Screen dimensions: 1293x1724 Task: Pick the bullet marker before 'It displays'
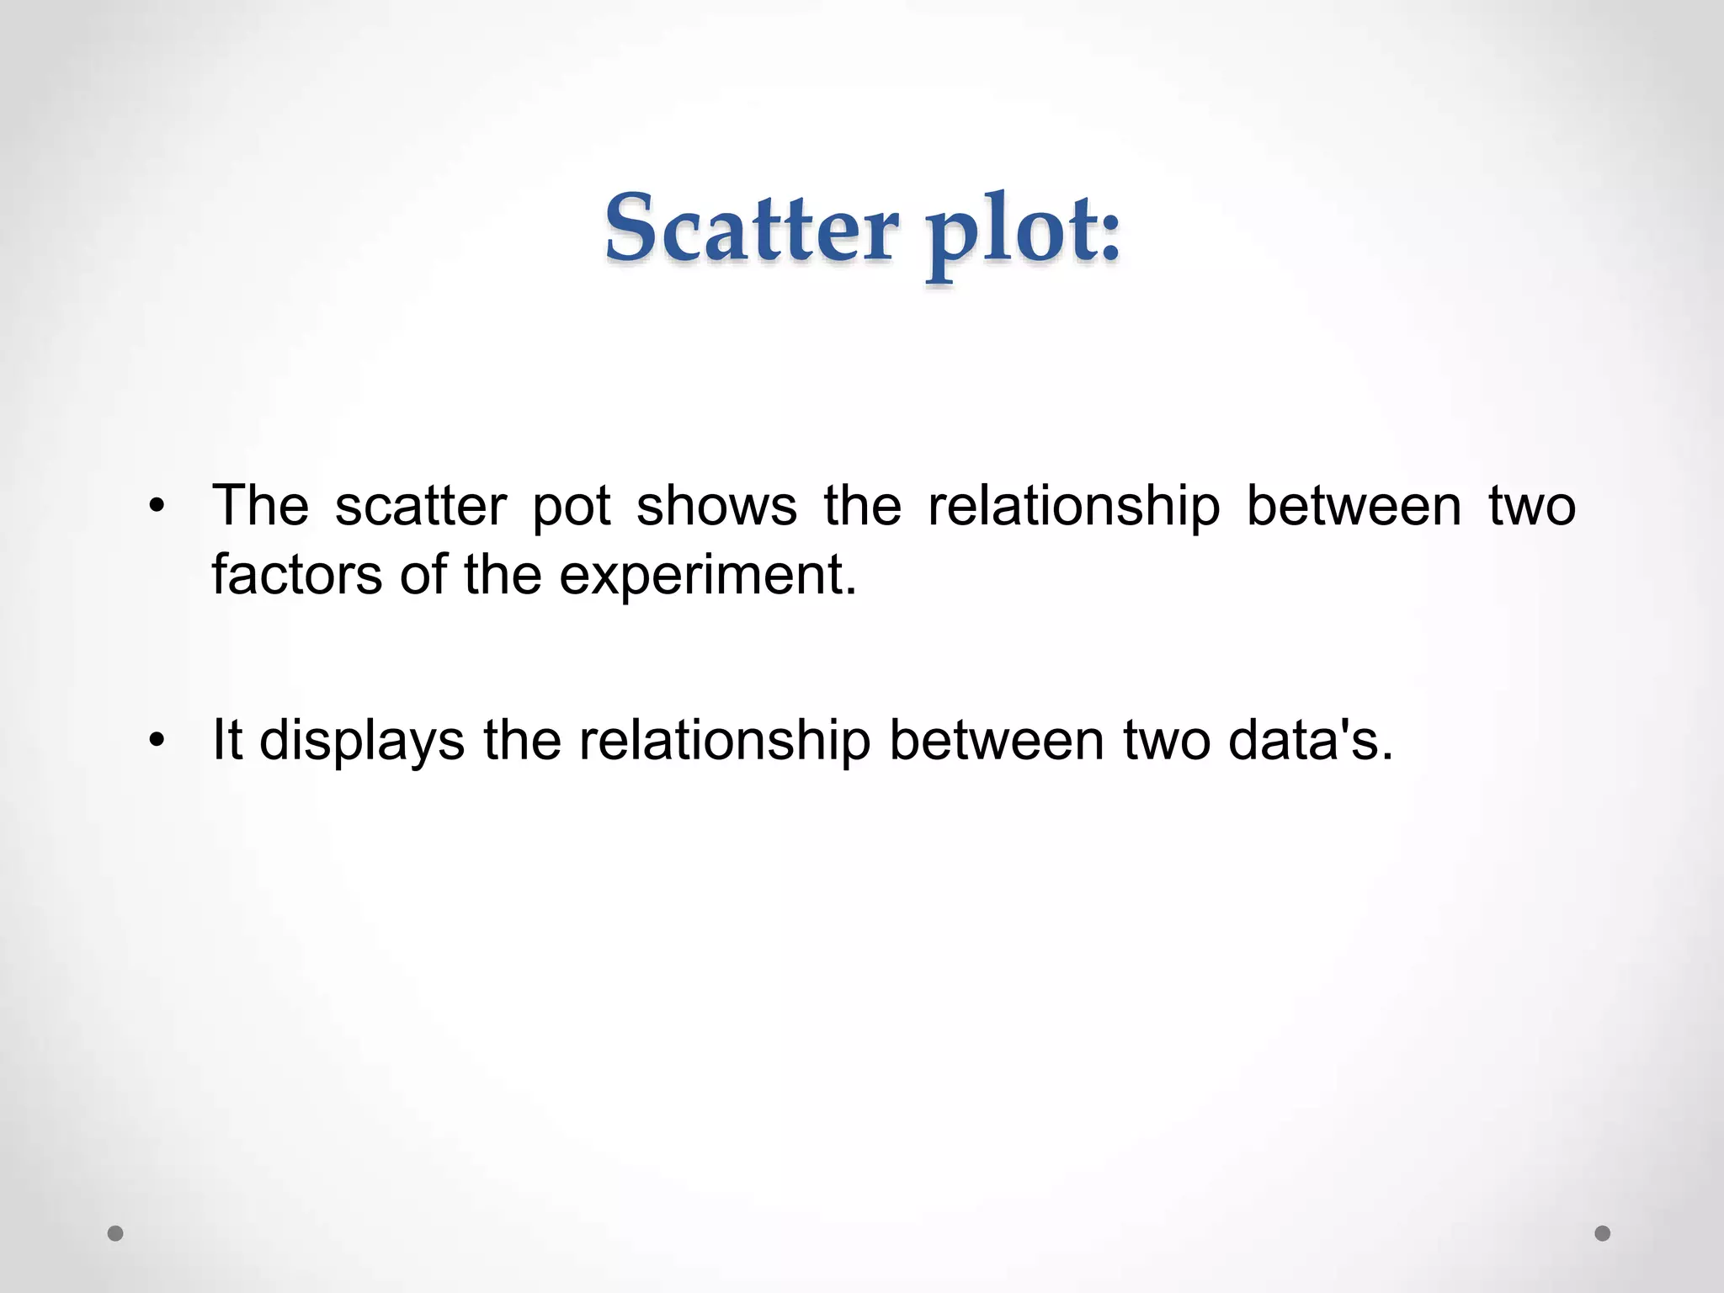pyautogui.click(x=156, y=742)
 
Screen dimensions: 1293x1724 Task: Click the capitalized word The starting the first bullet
pyautogui.click(x=260, y=506)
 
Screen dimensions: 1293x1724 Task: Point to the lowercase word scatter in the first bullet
pyautogui.click(x=421, y=506)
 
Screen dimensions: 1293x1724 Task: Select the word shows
pyautogui.click(x=716, y=506)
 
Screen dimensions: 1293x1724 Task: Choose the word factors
pyautogui.click(x=297, y=575)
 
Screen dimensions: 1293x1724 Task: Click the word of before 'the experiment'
pyautogui.click(x=423, y=575)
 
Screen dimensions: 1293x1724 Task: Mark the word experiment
pyautogui.click(x=707, y=577)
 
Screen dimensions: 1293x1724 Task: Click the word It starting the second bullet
pyautogui.click(x=227, y=740)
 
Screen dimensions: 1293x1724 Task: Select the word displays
pyautogui.click(x=362, y=742)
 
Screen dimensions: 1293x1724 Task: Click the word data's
pyautogui.click(x=1310, y=741)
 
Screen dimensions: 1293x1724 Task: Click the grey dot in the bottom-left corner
pyautogui.click(x=116, y=1234)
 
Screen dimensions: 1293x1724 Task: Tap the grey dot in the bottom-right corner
pyautogui.click(x=1603, y=1234)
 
